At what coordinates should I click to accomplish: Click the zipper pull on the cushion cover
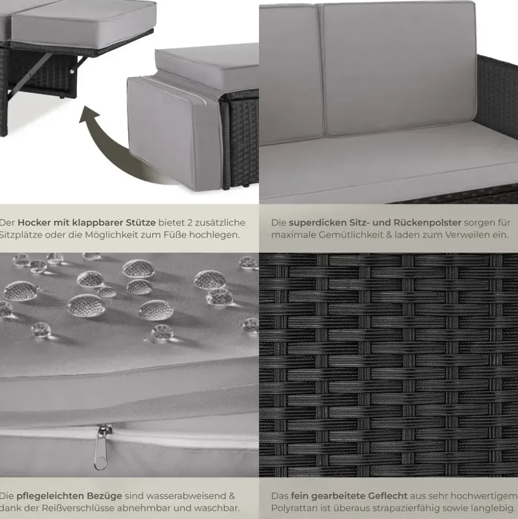[101, 447]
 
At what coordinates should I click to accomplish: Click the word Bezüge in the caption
[105, 496]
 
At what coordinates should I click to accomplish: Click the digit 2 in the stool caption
[190, 223]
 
